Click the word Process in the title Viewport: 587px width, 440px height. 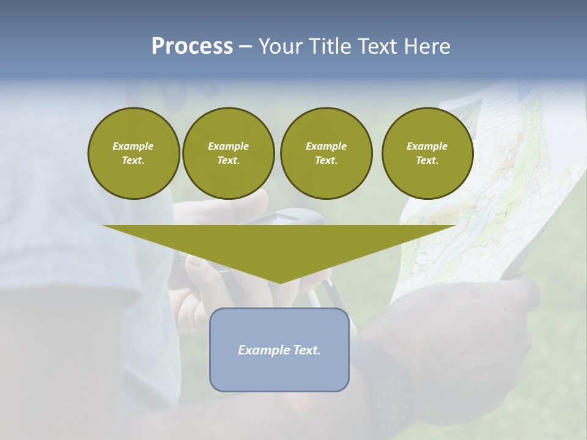click(192, 46)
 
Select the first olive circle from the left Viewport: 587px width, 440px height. click(133, 153)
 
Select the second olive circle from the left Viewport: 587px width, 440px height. click(228, 153)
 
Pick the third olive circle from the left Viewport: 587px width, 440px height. click(326, 153)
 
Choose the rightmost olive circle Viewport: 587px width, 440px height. click(427, 153)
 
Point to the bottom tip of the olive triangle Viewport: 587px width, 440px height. click(279, 282)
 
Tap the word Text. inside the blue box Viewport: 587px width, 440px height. click(306, 350)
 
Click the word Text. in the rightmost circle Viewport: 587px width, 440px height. click(427, 161)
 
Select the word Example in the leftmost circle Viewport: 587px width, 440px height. click(133, 146)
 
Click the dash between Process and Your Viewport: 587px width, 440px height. click(245, 47)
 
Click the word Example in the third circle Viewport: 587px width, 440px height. click(326, 146)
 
